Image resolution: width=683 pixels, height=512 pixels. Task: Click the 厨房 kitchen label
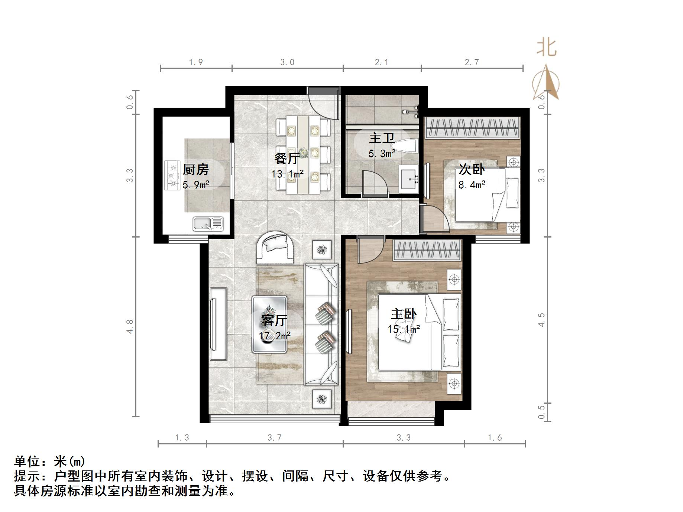[x=196, y=170]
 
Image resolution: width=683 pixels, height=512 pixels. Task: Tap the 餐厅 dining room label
[x=287, y=159]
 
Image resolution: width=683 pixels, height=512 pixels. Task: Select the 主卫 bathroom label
[x=381, y=138]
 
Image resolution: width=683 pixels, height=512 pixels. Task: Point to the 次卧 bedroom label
[x=472, y=169]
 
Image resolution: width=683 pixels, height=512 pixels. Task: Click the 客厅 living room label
[x=274, y=320]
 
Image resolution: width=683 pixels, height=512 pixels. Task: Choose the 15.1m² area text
[x=404, y=329]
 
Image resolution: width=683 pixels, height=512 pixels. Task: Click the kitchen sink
[x=208, y=224]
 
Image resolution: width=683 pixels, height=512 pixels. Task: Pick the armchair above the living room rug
[x=276, y=247]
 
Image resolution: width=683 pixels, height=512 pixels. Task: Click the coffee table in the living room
[x=269, y=324]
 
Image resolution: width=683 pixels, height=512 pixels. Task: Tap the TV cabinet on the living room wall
[x=218, y=324]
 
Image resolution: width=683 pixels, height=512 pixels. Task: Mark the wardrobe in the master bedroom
[x=427, y=250]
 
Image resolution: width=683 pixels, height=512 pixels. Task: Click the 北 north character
[x=546, y=48]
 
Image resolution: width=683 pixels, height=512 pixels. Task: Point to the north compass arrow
[x=546, y=82]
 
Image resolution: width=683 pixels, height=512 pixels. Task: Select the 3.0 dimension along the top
[x=287, y=62]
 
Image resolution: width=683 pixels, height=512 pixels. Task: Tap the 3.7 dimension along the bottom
[x=275, y=438]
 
